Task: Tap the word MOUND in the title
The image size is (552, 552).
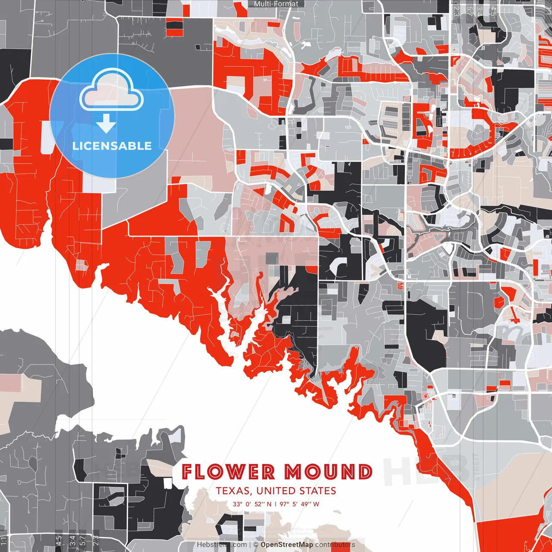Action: point(328,472)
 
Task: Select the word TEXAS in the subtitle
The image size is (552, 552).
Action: point(234,491)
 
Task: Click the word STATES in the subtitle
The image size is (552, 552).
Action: point(319,491)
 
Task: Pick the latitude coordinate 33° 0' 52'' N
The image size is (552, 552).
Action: point(252,504)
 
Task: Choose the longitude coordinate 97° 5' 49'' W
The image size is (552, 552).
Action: point(299,504)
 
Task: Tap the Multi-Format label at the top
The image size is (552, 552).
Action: point(276,4)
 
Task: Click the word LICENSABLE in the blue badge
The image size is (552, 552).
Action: point(112,146)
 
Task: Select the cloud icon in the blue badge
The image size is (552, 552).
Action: point(112,90)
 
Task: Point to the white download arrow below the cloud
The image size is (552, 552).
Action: point(106,123)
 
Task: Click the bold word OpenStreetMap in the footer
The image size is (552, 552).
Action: point(287,545)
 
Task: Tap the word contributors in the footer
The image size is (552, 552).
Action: point(335,545)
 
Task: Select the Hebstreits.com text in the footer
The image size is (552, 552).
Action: point(222,545)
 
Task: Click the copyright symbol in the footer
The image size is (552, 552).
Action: point(255,545)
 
